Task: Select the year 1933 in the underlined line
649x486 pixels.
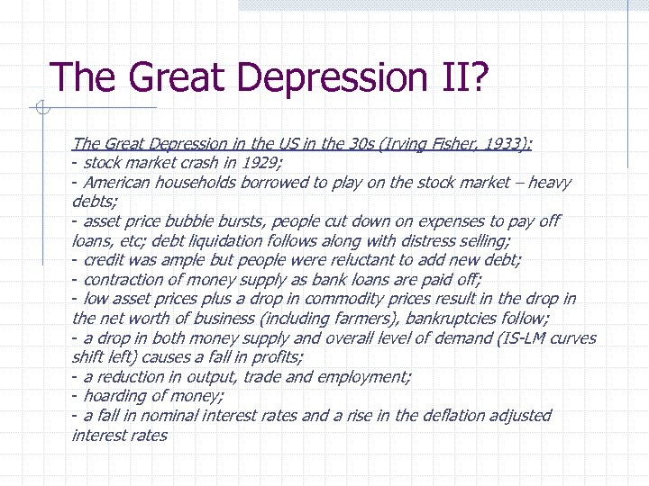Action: pyautogui.click(x=507, y=144)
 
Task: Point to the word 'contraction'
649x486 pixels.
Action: pyautogui.click(x=123, y=280)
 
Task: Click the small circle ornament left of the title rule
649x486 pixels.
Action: pyautogui.click(x=40, y=111)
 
